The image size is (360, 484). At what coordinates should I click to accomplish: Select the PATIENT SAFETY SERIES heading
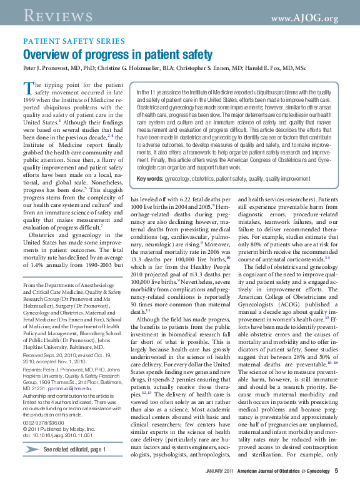(74, 41)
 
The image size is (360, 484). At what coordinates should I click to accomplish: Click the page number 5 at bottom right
(336, 470)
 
